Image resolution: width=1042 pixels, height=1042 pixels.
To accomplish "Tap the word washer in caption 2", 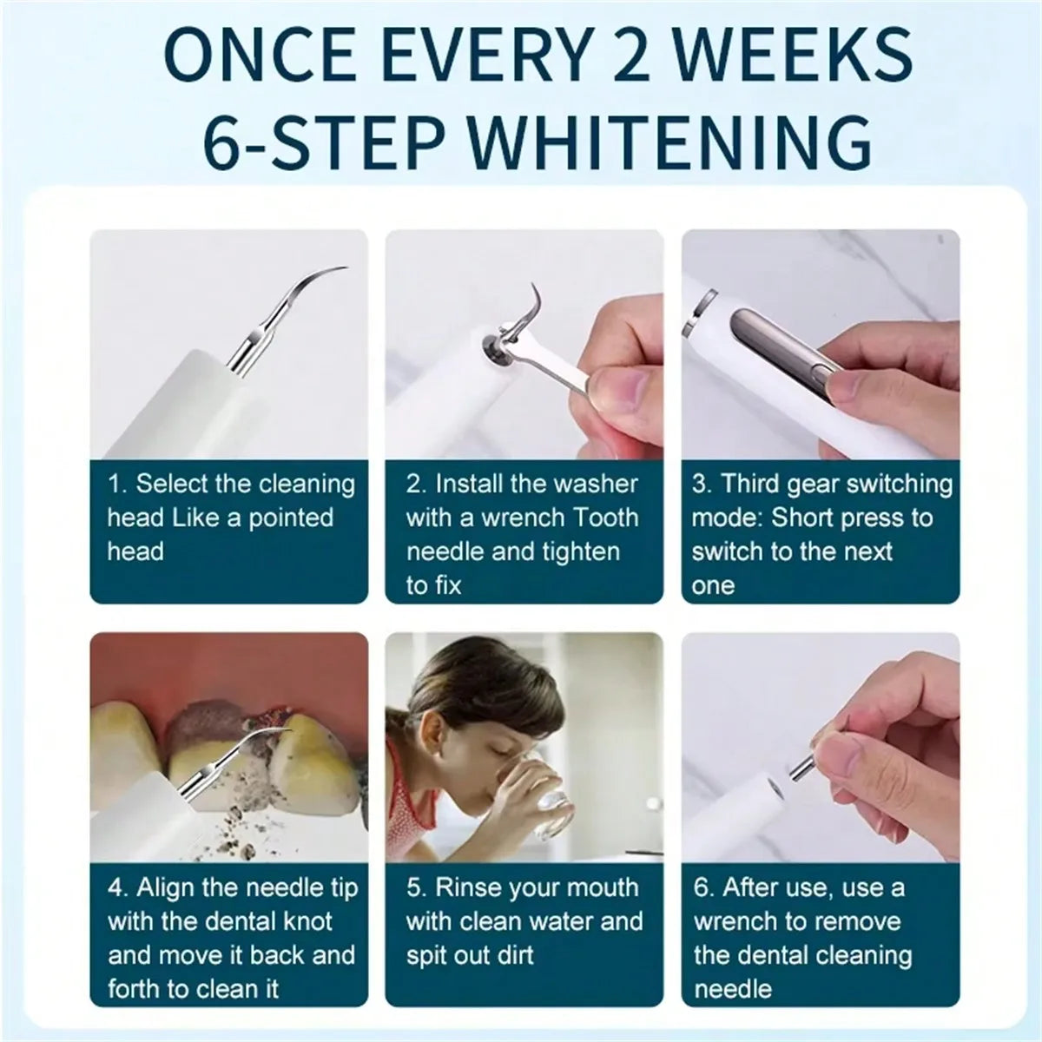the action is (597, 485).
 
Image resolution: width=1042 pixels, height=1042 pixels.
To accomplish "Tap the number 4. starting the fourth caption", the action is (118, 888).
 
